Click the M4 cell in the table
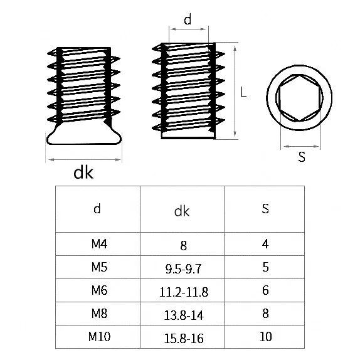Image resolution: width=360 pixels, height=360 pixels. pyautogui.click(x=99, y=244)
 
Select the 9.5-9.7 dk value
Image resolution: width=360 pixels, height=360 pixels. pyautogui.click(x=183, y=268)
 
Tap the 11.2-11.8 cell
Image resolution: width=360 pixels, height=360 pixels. pyautogui.click(x=183, y=292)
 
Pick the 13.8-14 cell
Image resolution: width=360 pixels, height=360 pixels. pyautogui.click(x=183, y=315)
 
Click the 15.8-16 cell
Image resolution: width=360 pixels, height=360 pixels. pyautogui.click(x=183, y=339)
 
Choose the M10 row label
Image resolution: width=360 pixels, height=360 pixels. pyautogui.click(x=99, y=337)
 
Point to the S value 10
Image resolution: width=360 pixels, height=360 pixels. pyautogui.click(x=265, y=337)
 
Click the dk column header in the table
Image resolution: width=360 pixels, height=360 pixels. pyautogui.click(x=182, y=211)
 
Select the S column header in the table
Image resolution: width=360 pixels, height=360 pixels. pyautogui.click(x=265, y=209)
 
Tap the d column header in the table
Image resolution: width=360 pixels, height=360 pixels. pyautogui.click(x=97, y=209)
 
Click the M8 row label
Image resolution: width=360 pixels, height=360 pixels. pyautogui.click(x=99, y=314)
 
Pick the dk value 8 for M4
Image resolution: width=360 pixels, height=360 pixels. pyautogui.click(x=183, y=246)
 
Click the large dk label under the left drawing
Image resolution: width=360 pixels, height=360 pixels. pyautogui.click(x=83, y=172)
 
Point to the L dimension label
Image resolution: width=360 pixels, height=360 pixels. pyautogui.click(x=243, y=92)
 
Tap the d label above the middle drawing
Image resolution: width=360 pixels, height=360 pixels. pyautogui.click(x=188, y=19)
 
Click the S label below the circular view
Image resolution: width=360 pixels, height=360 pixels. pyautogui.click(x=302, y=157)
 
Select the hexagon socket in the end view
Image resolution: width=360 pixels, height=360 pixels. pyautogui.click(x=299, y=75)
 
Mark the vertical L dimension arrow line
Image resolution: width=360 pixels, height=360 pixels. pyautogui.click(x=235, y=91)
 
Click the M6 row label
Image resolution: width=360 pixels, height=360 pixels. pyautogui.click(x=99, y=290)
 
